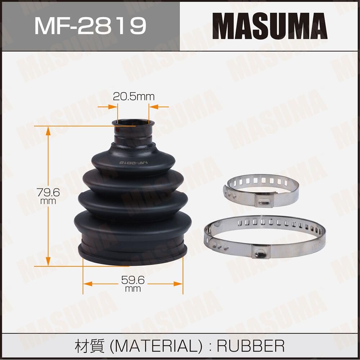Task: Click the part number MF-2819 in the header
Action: [90, 25]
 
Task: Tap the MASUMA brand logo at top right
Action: [270, 26]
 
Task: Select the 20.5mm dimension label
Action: [134, 96]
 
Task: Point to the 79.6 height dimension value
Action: [48, 193]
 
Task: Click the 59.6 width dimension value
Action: [133, 279]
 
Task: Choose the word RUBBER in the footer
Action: [251, 346]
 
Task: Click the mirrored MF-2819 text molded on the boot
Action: [134, 163]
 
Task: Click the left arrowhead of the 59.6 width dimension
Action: [86, 284]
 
